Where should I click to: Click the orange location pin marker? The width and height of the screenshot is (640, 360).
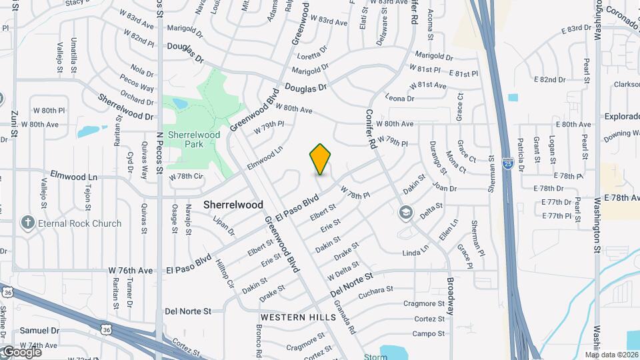(x=321, y=159)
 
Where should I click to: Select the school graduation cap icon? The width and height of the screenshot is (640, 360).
(x=405, y=213)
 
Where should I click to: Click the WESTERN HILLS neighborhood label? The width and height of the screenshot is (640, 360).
(x=298, y=317)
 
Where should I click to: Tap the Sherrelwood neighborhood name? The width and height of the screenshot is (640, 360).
(x=233, y=205)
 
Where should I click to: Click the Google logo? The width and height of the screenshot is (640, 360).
(x=21, y=352)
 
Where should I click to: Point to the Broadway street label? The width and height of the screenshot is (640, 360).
(x=451, y=296)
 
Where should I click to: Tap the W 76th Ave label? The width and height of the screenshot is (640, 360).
(x=131, y=271)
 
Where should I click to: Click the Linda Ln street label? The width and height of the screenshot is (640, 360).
(x=416, y=253)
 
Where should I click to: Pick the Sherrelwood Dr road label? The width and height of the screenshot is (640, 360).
(x=125, y=107)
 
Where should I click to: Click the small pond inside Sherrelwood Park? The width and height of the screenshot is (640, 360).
(x=179, y=104)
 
